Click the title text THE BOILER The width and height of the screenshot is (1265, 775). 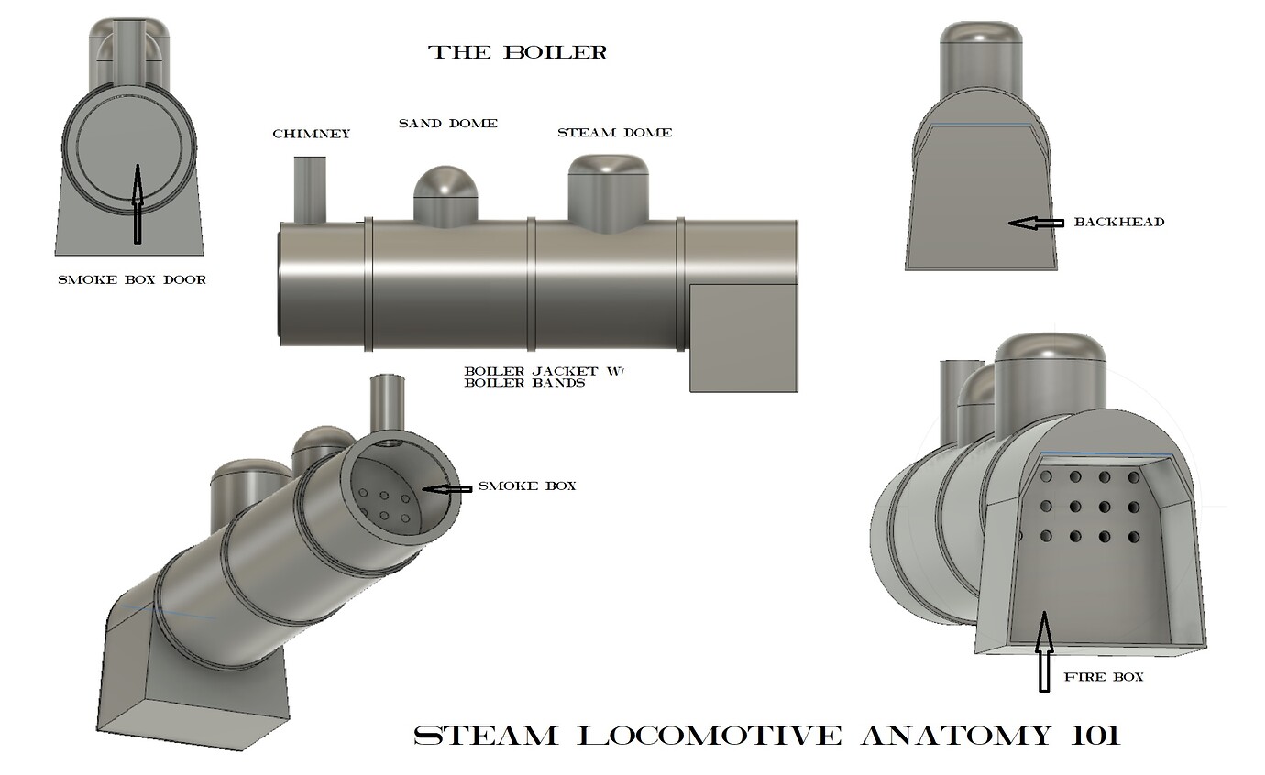pyautogui.click(x=518, y=52)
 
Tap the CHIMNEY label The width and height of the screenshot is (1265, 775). pyautogui.click(x=311, y=134)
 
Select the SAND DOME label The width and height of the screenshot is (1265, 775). pyautogui.click(x=447, y=123)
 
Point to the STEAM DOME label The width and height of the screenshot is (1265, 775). pyautogui.click(x=614, y=133)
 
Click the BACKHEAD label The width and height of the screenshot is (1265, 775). pyautogui.click(x=1118, y=222)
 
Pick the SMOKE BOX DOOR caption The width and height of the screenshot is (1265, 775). pyautogui.click(x=131, y=279)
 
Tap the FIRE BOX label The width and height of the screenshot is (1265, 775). pyautogui.click(x=1103, y=677)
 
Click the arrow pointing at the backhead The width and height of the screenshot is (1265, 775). pyautogui.click(x=1034, y=222)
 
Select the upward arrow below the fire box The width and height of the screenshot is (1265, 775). pyautogui.click(x=1042, y=652)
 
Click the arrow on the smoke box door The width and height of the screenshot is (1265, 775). pyautogui.click(x=137, y=202)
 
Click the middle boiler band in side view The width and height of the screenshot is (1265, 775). pyautogui.click(x=531, y=283)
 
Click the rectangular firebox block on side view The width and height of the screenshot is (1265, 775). pyautogui.click(x=743, y=337)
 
